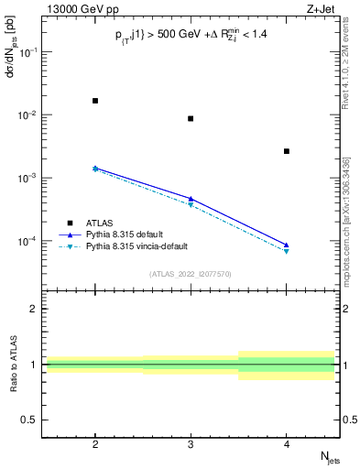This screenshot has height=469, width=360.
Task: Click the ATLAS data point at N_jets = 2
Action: (95, 101)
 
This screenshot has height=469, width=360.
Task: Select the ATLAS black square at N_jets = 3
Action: (191, 118)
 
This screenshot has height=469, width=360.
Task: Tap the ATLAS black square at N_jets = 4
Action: (287, 151)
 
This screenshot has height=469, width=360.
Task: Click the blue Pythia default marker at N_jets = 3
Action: (191, 198)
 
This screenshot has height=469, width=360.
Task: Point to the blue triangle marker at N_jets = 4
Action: (287, 245)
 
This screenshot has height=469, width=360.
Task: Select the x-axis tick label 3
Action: (191, 443)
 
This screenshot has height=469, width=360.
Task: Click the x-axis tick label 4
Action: (287, 443)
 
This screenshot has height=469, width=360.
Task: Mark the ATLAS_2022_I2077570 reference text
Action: (190, 273)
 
